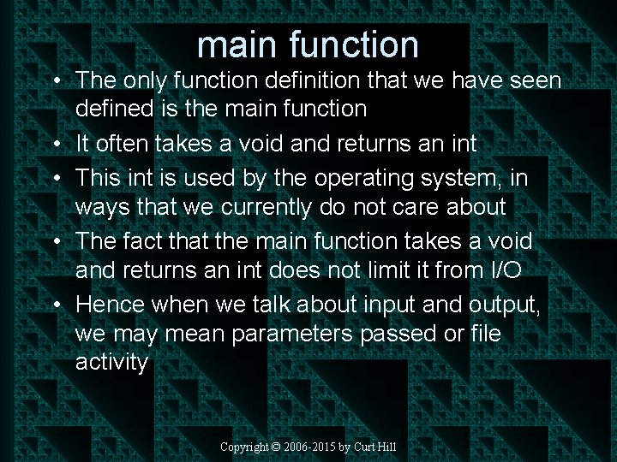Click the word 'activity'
pos(111,362)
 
